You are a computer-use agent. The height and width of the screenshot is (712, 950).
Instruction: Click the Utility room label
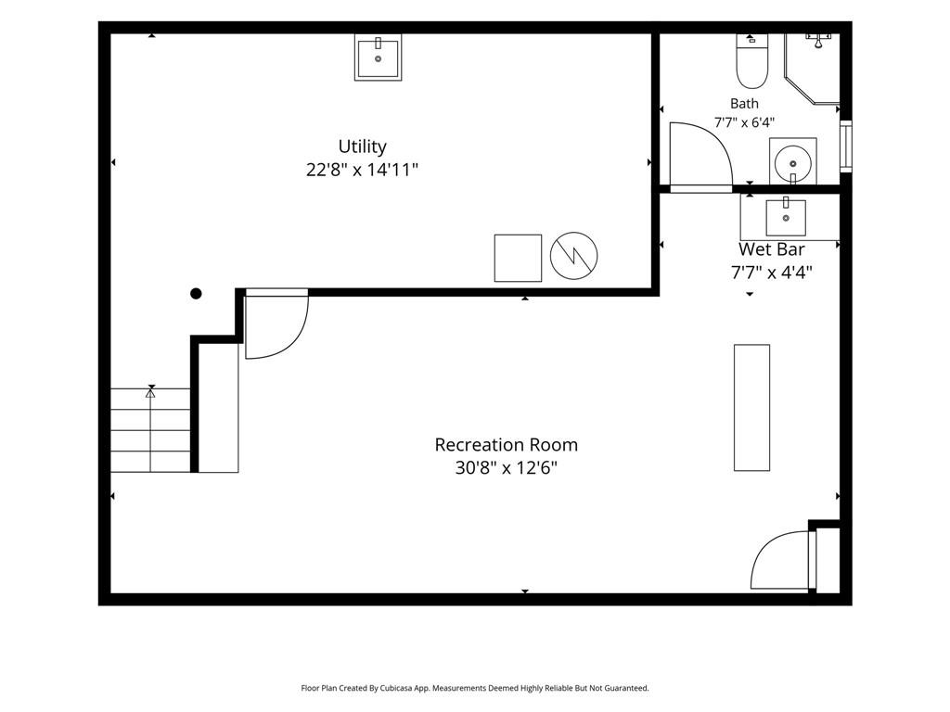pos(363,146)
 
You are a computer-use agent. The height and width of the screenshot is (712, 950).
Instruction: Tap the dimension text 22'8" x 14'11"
pos(363,170)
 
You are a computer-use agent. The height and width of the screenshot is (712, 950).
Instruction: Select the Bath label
pos(744,104)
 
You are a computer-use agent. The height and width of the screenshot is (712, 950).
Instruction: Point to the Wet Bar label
pos(771,249)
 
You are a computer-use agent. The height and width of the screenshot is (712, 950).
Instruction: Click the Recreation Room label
pos(506,445)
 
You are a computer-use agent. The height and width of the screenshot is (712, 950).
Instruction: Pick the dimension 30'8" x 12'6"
pos(506,468)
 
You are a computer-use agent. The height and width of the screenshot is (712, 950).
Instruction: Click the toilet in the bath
pos(751,61)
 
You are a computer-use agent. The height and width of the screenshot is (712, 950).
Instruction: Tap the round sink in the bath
pos(793,161)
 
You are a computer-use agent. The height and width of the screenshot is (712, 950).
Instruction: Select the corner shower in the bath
pos(812,69)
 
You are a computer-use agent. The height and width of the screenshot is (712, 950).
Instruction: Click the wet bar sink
pos(786,217)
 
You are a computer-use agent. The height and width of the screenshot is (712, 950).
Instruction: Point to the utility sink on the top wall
pos(379,57)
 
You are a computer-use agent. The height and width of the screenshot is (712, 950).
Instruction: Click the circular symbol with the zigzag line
pos(573,256)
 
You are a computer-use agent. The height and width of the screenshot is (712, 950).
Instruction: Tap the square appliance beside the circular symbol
pos(518,258)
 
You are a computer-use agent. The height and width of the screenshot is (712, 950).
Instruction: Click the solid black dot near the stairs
pos(196,294)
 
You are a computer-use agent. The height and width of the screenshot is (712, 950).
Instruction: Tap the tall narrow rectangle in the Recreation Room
pos(751,408)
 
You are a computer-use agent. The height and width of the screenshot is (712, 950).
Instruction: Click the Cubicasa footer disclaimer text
pos(475,688)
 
